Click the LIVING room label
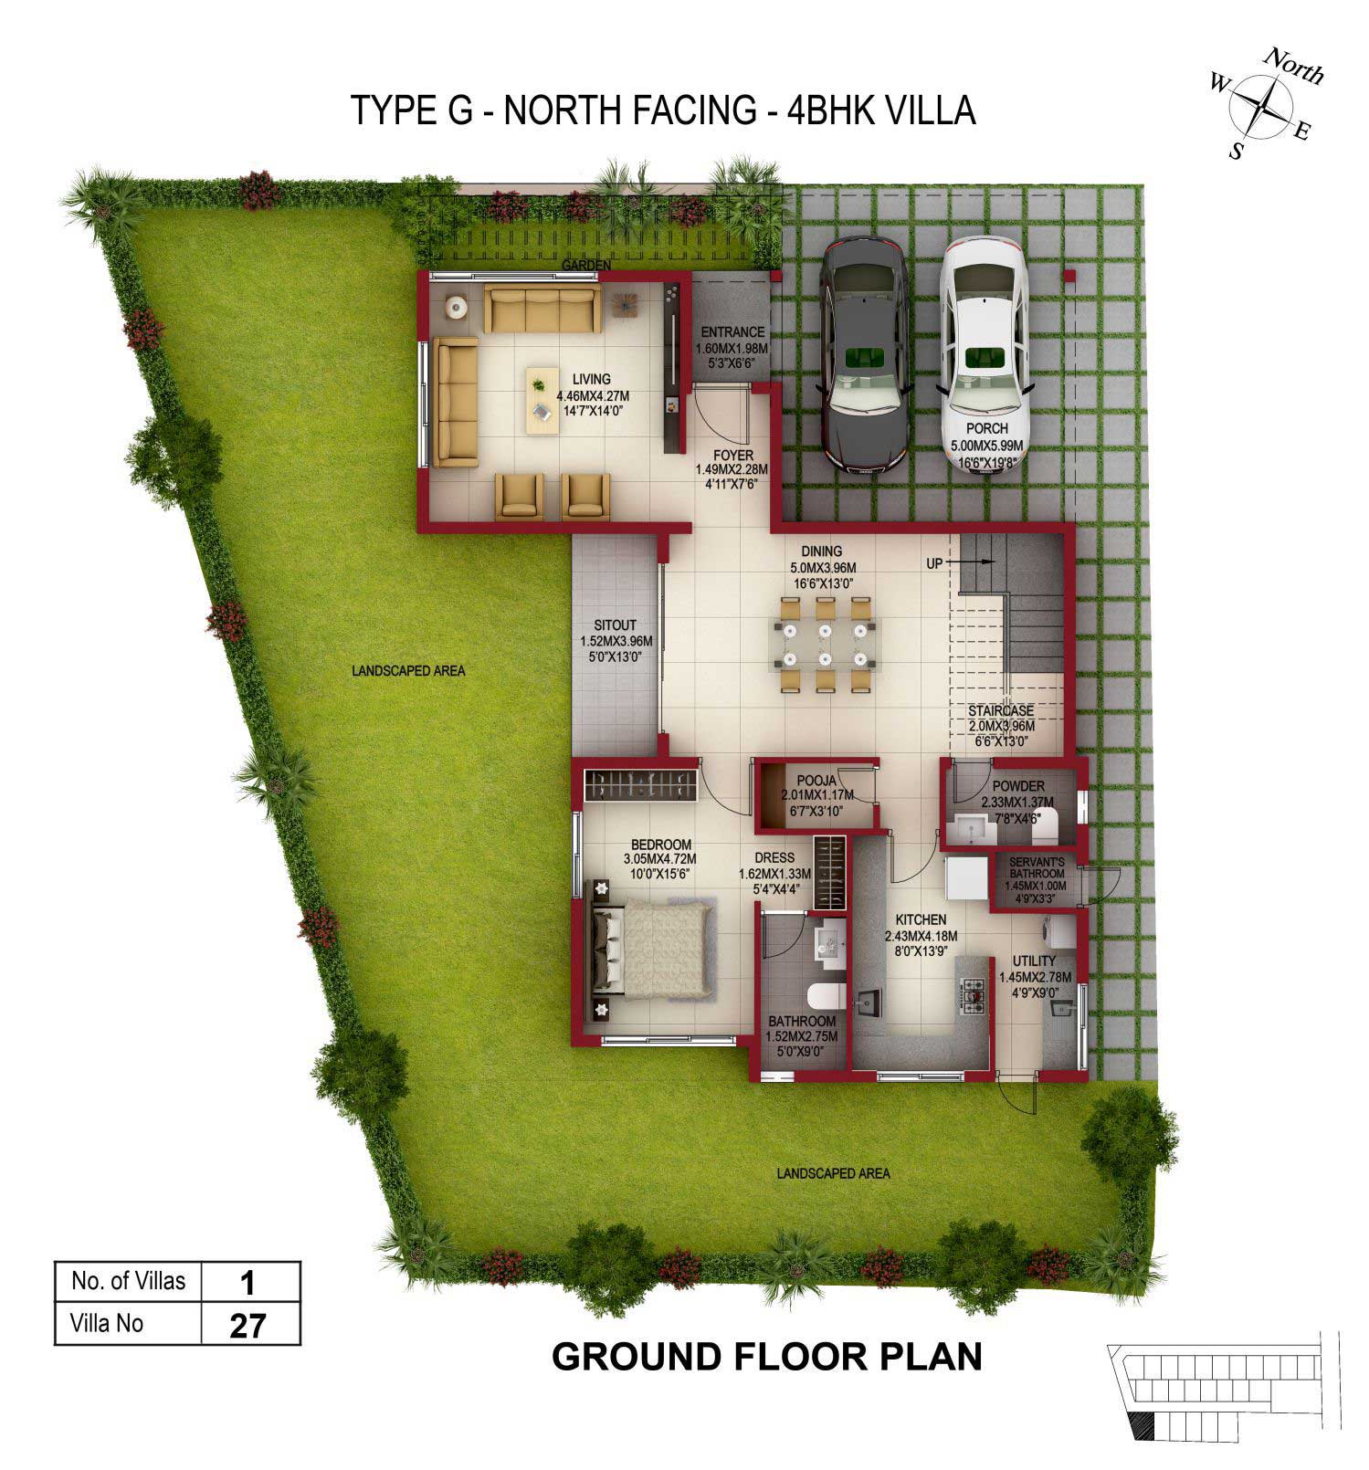tap(592, 378)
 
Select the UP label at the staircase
tap(933, 563)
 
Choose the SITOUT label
tap(615, 626)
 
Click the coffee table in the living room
tap(540, 394)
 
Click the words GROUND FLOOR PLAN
tap(766, 1357)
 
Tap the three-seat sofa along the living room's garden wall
tap(542, 308)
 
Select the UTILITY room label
tap(1034, 961)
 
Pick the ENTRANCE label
tap(732, 332)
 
